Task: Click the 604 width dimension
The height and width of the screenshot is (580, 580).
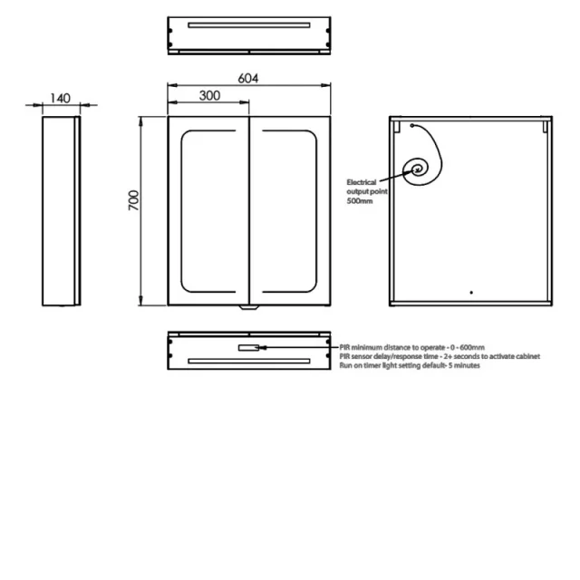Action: [248, 79]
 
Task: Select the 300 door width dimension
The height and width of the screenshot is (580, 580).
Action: [208, 95]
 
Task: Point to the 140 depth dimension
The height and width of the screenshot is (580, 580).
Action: [61, 98]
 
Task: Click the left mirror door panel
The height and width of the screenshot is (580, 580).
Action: [208, 211]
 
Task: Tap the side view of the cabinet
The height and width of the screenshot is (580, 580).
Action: [61, 211]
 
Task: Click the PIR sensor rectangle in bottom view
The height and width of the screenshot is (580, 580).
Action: [247, 347]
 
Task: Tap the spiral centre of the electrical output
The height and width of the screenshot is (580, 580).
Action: [420, 167]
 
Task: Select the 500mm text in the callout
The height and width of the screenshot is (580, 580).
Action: [359, 200]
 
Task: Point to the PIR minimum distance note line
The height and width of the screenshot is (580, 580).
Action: [412, 347]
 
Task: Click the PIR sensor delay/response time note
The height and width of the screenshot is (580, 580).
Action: [439, 356]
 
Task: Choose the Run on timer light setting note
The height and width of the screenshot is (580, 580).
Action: [409, 365]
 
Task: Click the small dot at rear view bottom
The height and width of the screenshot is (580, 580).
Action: [470, 293]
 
